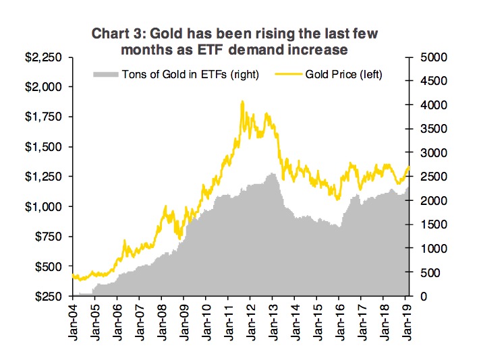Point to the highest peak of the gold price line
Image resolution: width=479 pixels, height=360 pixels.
tap(242, 102)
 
